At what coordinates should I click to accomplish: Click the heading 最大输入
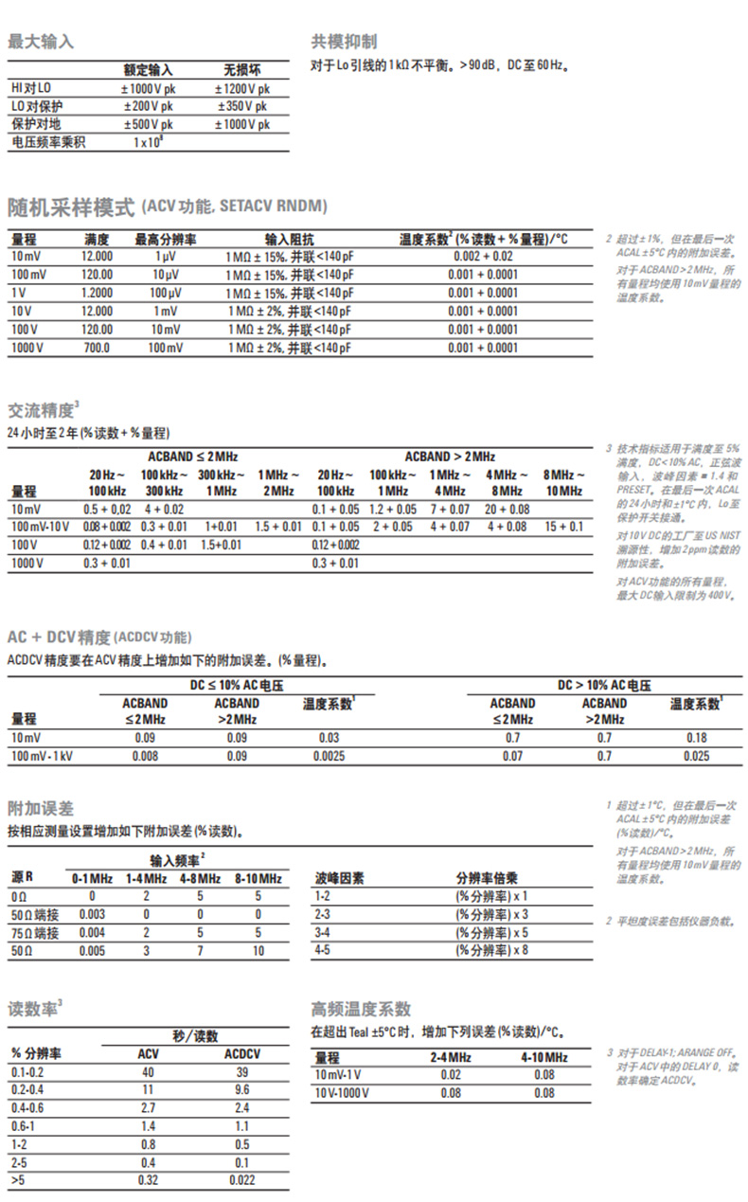click(x=41, y=42)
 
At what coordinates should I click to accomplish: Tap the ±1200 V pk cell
click(x=243, y=88)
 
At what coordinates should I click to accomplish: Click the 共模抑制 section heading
click(x=344, y=42)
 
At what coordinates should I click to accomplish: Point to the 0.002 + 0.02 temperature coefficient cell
click(x=483, y=257)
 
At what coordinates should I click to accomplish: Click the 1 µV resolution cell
click(x=165, y=257)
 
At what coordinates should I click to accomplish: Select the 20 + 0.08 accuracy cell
click(x=507, y=509)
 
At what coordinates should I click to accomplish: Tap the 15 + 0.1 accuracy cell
click(x=563, y=527)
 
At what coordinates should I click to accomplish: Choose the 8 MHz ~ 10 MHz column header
click(x=563, y=482)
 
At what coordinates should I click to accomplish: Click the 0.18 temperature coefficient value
click(x=696, y=737)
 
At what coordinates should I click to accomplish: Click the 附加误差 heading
click(x=41, y=808)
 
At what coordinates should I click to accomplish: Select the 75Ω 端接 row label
click(x=35, y=933)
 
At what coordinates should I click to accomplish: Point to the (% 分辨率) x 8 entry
click(x=491, y=950)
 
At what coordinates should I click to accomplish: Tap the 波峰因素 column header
click(x=339, y=878)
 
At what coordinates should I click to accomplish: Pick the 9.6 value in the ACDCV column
click(x=241, y=1090)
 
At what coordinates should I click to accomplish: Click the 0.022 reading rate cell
click(x=241, y=1180)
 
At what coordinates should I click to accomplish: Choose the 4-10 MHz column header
click(x=544, y=1057)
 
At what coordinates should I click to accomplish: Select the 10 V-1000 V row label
click(x=343, y=1093)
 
